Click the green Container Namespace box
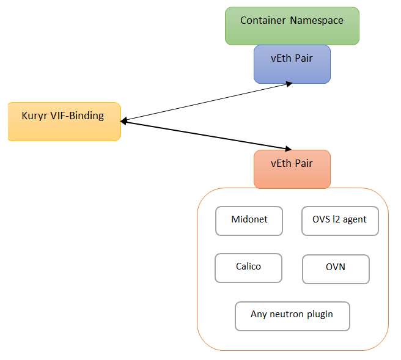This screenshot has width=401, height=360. (292, 26)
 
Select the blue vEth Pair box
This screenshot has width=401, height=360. (292, 64)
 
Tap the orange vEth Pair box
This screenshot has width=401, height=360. (292, 169)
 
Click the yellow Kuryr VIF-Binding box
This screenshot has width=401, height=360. (64, 122)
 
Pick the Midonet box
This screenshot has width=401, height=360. (249, 221)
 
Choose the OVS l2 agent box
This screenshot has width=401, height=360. (340, 221)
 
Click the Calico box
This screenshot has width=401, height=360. (248, 268)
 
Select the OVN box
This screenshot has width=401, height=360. (336, 269)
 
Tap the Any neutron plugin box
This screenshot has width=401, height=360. (292, 316)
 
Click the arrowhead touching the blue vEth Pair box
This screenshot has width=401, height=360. (289, 84)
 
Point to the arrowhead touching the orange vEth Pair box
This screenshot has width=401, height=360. (289, 149)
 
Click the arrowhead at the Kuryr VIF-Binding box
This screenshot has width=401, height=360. (123, 121)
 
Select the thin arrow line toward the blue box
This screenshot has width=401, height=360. (207, 102)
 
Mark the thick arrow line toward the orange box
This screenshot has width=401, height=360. (206, 135)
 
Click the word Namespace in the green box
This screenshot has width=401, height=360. (317, 21)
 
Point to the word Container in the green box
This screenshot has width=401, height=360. (263, 20)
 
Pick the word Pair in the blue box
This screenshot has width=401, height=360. (304, 58)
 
